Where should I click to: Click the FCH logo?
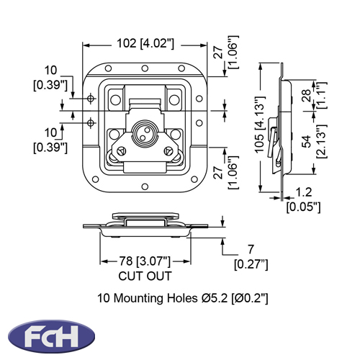(51, 336)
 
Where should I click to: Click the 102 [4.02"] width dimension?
(145, 44)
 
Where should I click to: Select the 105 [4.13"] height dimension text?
(259, 125)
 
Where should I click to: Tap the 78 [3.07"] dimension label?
(145, 261)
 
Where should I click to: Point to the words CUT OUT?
(145, 276)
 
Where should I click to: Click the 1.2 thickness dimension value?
(304, 192)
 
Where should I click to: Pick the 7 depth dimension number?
(251, 249)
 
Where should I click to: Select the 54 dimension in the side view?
(307, 141)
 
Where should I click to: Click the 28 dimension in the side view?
(307, 96)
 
